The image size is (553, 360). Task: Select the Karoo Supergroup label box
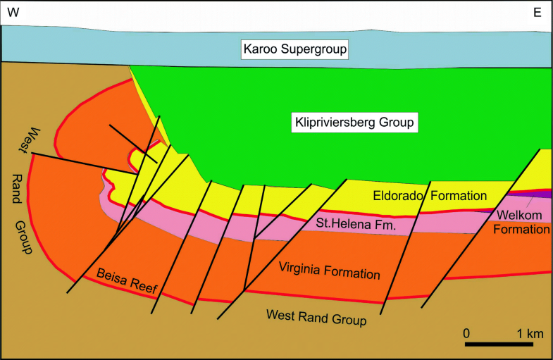tap(296, 50)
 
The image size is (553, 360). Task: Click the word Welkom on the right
tap(519, 216)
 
